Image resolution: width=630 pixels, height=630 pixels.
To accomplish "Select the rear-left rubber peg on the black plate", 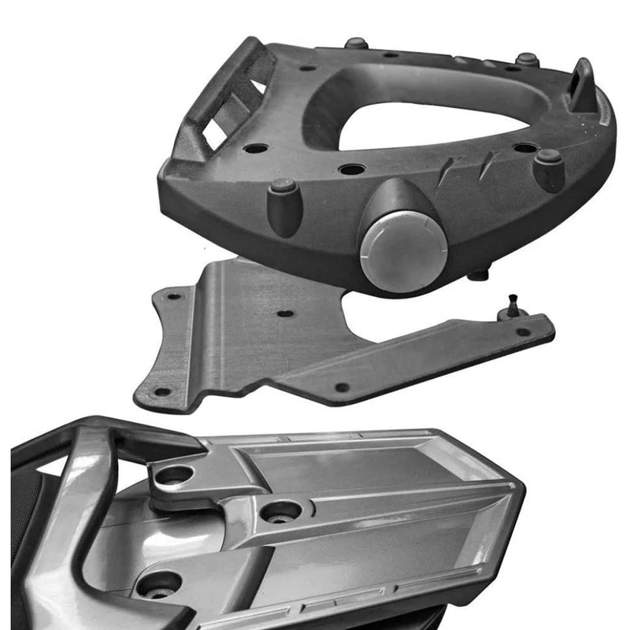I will point(355,44).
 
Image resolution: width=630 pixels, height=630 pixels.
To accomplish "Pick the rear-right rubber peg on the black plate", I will point(526,61).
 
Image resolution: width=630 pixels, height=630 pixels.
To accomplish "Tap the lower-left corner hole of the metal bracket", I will point(161,391).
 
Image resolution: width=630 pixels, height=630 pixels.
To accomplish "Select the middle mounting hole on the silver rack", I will point(280,513).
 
